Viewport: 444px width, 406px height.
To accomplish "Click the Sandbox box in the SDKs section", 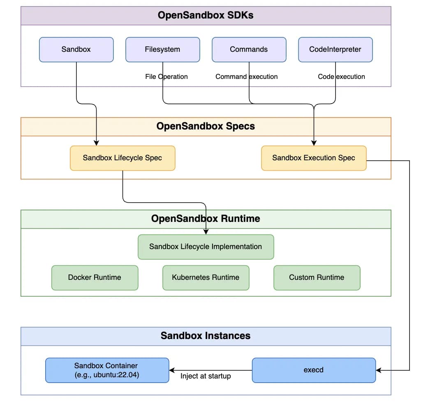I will pos(76,50).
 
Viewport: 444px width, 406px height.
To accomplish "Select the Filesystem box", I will pos(162,50).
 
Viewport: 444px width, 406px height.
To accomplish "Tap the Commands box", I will pos(249,50).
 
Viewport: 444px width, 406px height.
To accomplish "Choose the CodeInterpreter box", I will pos(335,50).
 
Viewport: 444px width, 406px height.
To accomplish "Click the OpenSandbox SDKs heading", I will pos(206,16).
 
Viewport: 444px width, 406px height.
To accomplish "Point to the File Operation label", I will pos(166,77).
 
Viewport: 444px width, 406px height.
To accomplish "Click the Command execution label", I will pos(246,77).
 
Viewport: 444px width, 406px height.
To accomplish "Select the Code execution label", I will pos(341,77).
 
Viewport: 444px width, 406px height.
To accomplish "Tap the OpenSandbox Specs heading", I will pos(206,126).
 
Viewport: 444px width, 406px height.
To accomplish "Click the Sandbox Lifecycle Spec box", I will pos(123,158).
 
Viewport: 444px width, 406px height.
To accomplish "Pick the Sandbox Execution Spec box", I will pos(314,158).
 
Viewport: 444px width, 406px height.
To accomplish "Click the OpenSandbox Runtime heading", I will pos(206,219).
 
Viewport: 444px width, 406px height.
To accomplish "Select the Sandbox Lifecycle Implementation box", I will pos(206,247).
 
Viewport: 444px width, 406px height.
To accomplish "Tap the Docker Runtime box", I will pos(95,278).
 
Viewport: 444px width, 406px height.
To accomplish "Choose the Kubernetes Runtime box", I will pos(206,278).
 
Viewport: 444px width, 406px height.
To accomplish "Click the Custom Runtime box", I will pos(317,278).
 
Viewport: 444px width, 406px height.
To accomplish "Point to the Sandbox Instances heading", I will pos(206,336).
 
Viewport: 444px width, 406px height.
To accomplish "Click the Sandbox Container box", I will pos(107,370).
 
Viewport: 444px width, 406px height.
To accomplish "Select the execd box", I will pos(314,370).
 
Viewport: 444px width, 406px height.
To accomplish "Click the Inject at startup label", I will pos(206,376).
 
